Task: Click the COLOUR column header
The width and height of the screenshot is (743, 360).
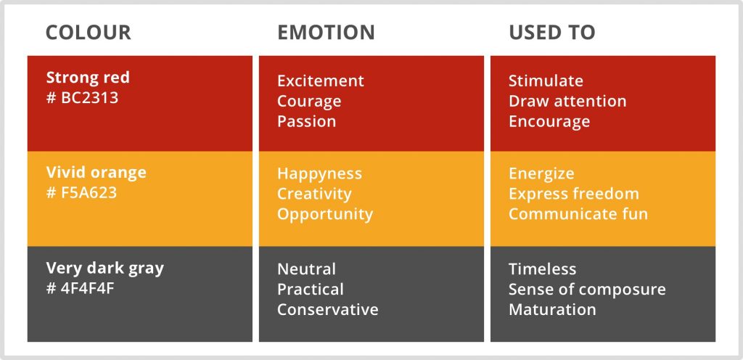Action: [88, 33]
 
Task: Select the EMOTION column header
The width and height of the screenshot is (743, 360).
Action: [326, 33]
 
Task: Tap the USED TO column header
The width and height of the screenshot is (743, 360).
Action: [552, 33]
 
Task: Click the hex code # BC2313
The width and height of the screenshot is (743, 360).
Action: [83, 97]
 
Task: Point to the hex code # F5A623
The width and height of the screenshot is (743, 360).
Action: [81, 193]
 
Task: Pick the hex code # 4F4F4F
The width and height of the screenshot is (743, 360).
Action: [81, 288]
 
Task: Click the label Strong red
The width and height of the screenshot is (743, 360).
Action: [88, 78]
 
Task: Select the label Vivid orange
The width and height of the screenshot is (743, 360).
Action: [97, 173]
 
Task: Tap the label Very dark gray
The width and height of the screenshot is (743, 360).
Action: [105, 269]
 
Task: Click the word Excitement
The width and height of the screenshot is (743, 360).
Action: [321, 81]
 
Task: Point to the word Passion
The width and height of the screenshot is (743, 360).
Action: [307, 121]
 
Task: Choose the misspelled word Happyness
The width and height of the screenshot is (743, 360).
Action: [320, 174]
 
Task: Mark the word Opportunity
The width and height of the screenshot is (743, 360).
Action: [325, 215]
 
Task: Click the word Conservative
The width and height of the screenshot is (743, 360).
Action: [328, 310]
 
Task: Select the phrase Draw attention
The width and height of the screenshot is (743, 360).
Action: [567, 101]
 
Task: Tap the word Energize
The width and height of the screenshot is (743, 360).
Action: [541, 174]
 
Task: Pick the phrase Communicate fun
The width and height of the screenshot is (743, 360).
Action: [578, 214]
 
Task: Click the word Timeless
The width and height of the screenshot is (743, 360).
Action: [543, 269]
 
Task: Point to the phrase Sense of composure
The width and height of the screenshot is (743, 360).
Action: [587, 290]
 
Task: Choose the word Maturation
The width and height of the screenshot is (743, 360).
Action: [552, 310]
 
